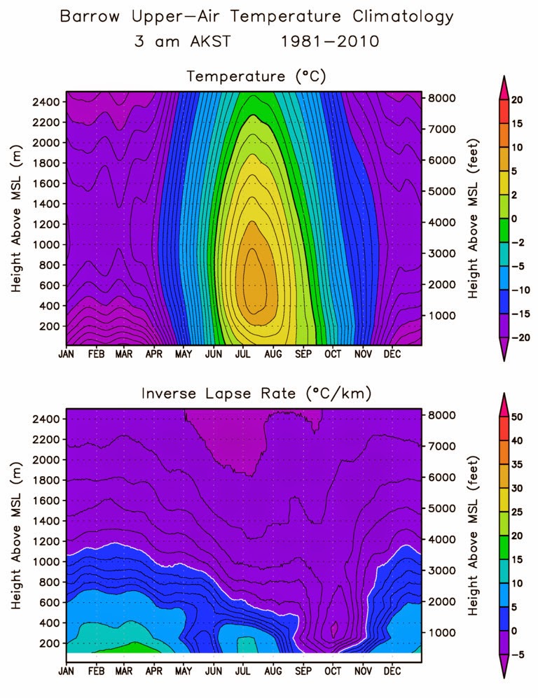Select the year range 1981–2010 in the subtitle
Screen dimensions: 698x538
pyautogui.click(x=329, y=41)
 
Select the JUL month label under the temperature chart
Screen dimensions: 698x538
pyautogui.click(x=244, y=354)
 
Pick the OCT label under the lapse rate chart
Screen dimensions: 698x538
pyautogui.click(x=333, y=671)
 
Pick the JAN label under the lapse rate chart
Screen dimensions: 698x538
pyautogui.click(x=67, y=671)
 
